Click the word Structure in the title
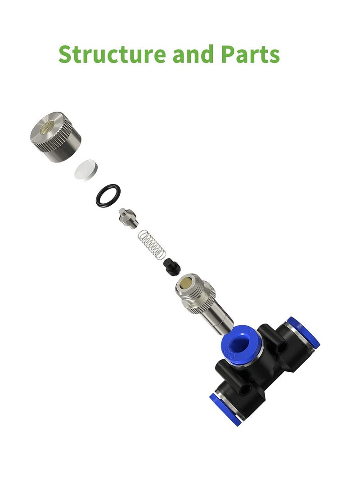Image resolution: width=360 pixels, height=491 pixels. click(x=112, y=54)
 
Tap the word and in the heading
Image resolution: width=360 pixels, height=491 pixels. click(x=193, y=54)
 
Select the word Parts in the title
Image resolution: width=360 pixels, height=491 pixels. click(x=250, y=54)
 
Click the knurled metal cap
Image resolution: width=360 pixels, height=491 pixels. click(x=56, y=136)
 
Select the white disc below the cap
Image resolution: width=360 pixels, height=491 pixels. click(x=86, y=169)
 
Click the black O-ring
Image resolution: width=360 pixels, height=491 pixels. click(x=108, y=195)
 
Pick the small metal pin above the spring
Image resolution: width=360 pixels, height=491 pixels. click(x=128, y=218)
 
